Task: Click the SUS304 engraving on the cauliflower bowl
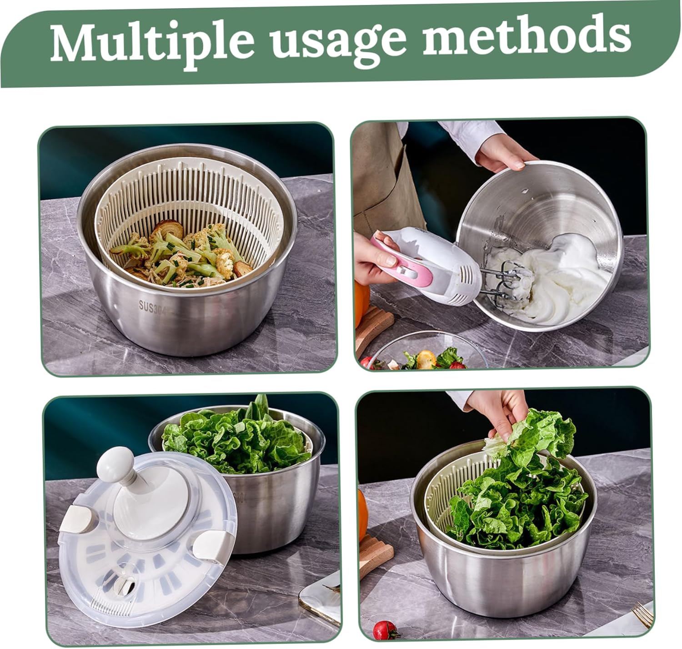point(153,307)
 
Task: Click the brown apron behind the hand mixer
point(383,177)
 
